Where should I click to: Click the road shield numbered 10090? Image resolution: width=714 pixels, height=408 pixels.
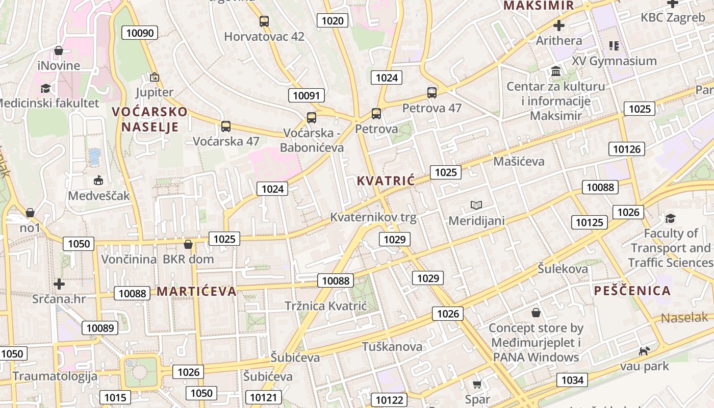point(140,33)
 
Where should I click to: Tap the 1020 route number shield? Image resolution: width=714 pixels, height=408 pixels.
point(333,20)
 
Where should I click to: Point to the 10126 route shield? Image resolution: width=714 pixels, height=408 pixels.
point(626,149)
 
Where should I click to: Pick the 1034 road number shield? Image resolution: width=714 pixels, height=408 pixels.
point(572,380)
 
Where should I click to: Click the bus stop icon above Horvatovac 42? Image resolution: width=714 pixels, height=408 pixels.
point(264,21)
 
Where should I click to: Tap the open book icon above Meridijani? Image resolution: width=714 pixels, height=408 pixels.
point(476,205)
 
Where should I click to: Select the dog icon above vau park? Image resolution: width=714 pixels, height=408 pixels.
point(645,351)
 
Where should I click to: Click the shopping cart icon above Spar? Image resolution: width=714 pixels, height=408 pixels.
point(477,384)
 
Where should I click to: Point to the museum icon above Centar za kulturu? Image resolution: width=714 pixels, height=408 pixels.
point(556,71)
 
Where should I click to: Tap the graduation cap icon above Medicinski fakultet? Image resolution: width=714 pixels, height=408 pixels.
point(46,88)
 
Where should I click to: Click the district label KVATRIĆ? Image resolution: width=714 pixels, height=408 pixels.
point(386,181)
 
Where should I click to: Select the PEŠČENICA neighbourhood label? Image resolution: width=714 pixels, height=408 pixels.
point(632,291)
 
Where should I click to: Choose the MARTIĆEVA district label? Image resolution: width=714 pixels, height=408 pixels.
point(196,291)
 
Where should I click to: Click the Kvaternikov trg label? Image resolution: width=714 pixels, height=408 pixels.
point(373,217)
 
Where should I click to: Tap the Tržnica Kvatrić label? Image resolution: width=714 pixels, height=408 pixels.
point(326,305)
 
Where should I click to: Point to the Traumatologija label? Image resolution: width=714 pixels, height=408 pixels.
point(55,376)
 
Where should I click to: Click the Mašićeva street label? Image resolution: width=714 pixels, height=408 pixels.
point(519,161)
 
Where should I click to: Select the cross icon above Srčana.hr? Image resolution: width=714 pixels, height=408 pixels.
point(60,284)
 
